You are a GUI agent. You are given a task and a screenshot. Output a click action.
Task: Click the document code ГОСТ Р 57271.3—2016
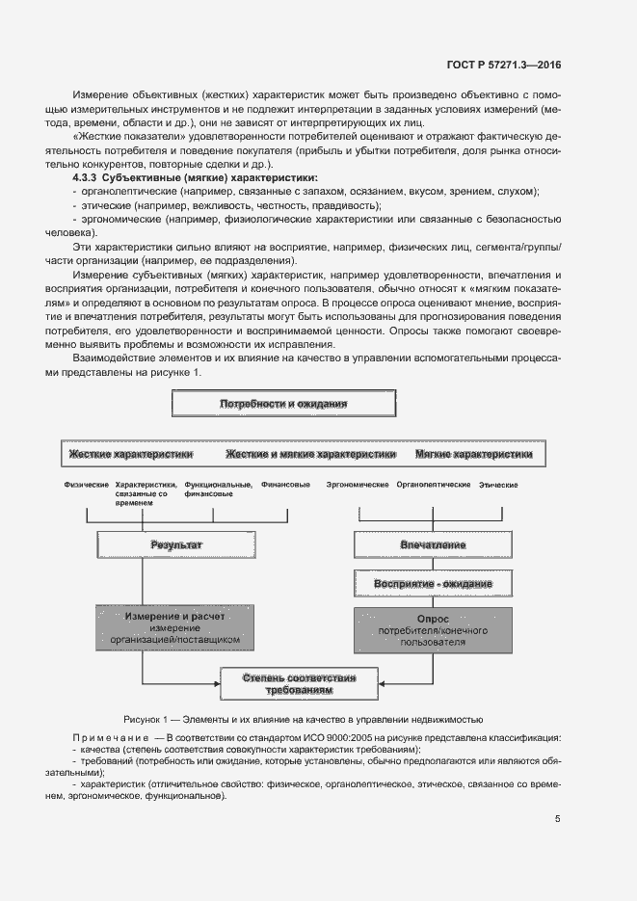coord(505,65)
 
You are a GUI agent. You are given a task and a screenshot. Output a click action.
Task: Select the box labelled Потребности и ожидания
coord(283,403)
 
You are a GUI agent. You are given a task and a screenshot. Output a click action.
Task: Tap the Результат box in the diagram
coord(176,545)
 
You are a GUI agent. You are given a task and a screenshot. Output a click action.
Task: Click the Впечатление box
coord(433,545)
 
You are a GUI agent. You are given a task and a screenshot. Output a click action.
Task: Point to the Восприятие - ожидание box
coord(433,584)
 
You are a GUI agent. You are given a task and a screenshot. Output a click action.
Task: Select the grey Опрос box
coord(433,626)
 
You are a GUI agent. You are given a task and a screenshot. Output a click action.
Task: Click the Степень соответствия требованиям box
coord(300,684)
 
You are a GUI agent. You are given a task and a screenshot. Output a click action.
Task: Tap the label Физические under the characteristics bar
coord(86,484)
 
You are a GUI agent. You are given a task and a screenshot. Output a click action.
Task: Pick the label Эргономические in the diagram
coord(358,484)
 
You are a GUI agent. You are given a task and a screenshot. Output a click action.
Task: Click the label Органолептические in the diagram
coord(433,484)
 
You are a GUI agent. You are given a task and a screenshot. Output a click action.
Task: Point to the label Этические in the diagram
coord(498,485)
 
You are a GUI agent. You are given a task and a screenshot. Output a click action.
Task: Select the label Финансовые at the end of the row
coord(285,484)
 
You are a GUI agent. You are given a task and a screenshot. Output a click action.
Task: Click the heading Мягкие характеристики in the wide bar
coord(473,453)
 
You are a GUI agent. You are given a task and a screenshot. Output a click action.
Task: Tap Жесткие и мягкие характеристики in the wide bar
coord(310,453)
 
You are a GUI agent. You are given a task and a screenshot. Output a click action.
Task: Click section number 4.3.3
coord(86,178)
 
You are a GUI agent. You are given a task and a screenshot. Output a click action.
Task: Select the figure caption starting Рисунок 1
coord(303,719)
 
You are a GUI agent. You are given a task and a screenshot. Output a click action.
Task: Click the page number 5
coord(557,819)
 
